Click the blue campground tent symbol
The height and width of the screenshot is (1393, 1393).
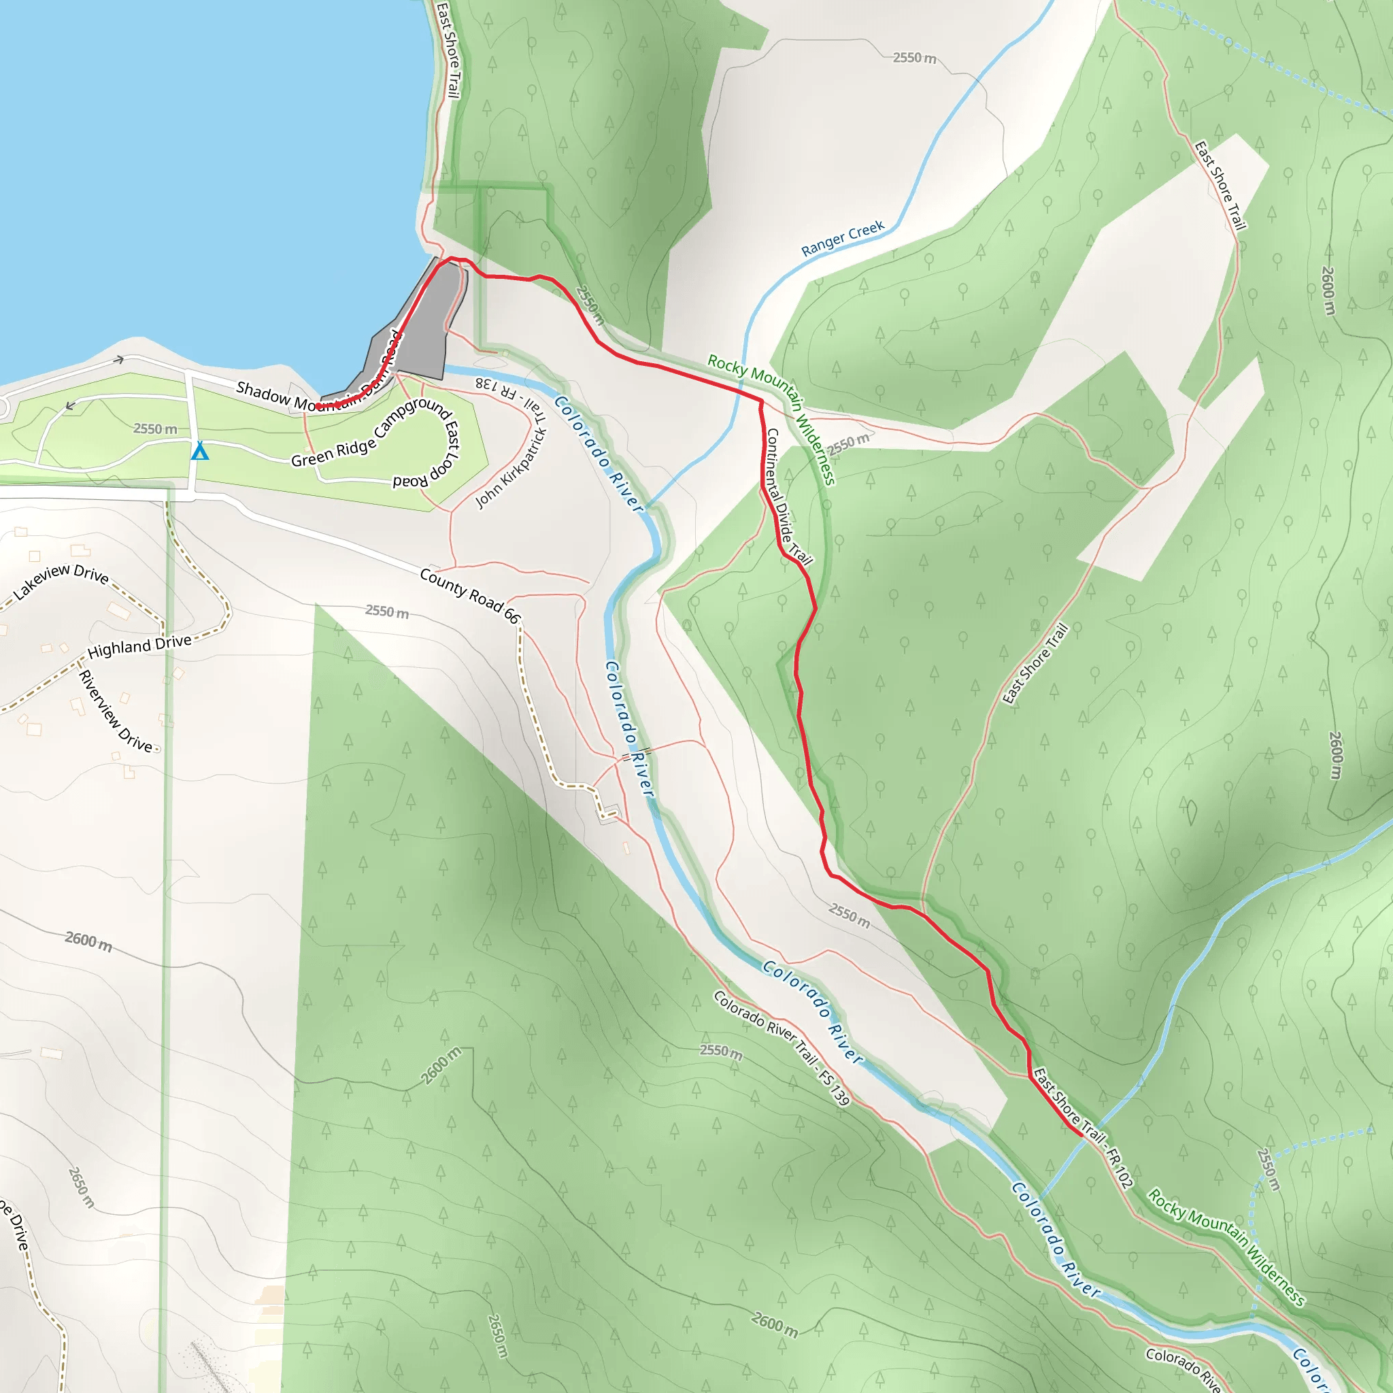[x=200, y=452]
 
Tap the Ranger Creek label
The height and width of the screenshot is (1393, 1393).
[x=842, y=239]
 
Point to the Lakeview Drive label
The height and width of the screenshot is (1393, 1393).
[x=61, y=581]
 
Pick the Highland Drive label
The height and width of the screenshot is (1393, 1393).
[x=139, y=646]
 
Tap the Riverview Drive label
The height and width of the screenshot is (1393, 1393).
[x=116, y=711]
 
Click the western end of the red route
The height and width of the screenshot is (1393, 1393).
[x=317, y=407]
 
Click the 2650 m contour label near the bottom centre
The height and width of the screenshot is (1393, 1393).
[x=497, y=1336]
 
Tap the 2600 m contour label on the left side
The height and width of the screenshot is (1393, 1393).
[x=88, y=941]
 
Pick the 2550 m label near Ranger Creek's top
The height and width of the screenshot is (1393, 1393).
[x=914, y=58]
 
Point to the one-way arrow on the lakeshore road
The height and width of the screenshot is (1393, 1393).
[x=118, y=359]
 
